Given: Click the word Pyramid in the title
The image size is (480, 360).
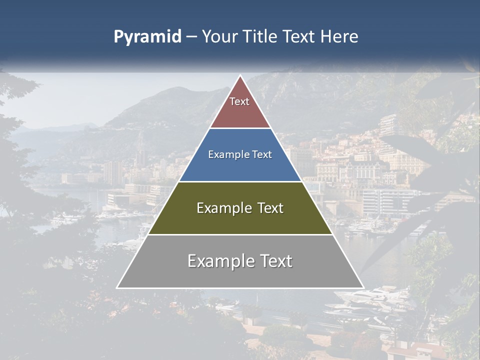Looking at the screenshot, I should point(147,37).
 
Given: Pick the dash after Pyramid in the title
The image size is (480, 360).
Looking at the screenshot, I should point(191,37).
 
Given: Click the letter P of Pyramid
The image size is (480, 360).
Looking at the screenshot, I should point(118,36).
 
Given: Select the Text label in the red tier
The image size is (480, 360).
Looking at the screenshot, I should point(239,101).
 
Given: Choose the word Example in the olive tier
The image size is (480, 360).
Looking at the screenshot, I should point(223,208).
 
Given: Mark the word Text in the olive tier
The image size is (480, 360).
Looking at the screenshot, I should point(270,208).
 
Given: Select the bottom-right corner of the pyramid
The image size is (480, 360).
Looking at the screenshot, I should point(363,287).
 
